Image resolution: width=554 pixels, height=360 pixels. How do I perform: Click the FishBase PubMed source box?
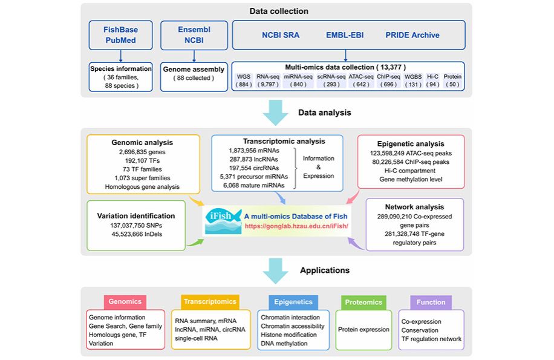tap(120, 35)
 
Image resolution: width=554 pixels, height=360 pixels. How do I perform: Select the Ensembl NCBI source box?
tap(192, 35)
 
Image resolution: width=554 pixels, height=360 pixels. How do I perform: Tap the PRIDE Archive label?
tap(413, 35)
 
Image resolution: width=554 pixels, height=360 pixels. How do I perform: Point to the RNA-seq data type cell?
tap(266, 80)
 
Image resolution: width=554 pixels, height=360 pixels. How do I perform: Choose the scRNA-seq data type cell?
tap(331, 80)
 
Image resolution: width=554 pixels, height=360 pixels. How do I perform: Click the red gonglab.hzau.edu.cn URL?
tap(296, 226)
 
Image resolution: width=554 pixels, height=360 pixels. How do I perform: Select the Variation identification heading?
tap(136, 215)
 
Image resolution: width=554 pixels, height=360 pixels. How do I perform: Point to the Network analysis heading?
tap(414, 207)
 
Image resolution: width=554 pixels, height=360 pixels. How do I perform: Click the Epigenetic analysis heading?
tap(411, 145)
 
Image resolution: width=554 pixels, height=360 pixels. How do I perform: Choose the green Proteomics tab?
tap(363, 302)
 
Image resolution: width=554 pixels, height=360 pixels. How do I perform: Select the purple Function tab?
tap(431, 302)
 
